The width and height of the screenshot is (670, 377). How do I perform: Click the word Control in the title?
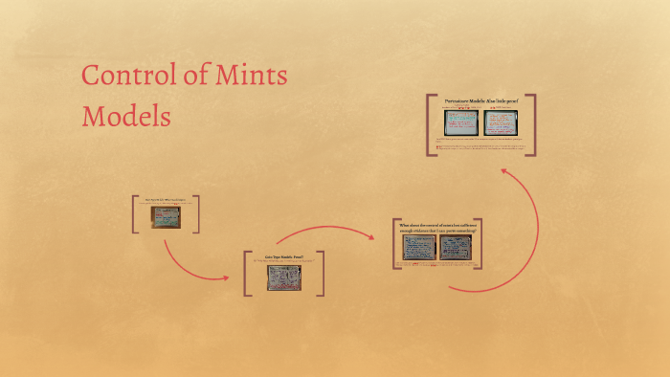tap(123, 76)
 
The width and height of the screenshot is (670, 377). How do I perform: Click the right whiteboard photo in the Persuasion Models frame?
tap(500, 122)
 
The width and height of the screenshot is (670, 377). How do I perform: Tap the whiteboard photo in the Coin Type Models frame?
tap(283, 277)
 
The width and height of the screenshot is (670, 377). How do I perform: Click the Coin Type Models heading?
tap(283, 258)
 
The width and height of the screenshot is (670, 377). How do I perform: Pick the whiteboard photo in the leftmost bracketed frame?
tap(167, 217)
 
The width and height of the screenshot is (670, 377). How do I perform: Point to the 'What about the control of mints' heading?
tap(436, 228)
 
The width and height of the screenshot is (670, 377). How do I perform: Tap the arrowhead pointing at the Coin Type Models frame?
tap(226, 278)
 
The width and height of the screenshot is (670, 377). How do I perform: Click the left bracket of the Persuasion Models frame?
tap(430, 124)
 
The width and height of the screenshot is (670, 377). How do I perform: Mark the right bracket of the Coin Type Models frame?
tap(321, 273)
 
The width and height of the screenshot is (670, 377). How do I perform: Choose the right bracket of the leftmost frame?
tap(197, 213)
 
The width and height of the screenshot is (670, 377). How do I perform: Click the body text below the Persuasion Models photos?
tap(480, 144)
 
